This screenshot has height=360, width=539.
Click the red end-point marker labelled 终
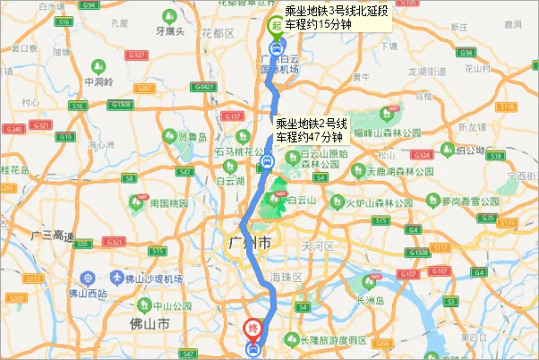(x=253, y=328)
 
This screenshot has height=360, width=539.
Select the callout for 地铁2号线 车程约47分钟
(x=309, y=130)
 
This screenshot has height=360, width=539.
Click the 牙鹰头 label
(x=169, y=31)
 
